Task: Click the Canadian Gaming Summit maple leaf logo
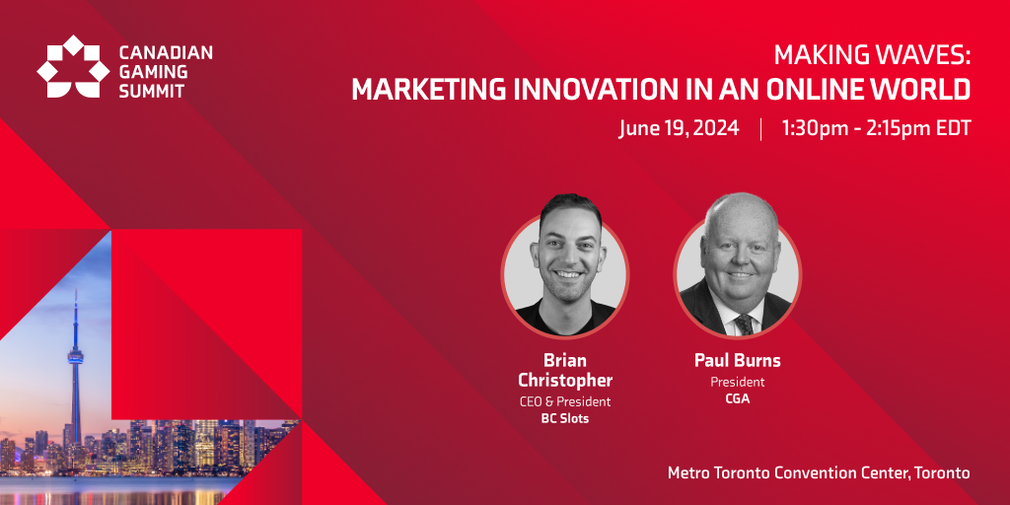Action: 73,66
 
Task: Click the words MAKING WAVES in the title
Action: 872,56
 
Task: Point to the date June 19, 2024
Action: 679,129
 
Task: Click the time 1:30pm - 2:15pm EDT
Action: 876,129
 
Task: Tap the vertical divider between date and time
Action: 760,129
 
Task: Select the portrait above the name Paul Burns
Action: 738,265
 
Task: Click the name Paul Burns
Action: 738,361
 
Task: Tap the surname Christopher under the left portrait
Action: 565,380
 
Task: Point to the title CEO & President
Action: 565,402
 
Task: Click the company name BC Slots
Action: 565,418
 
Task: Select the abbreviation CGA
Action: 738,398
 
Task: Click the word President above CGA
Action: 738,382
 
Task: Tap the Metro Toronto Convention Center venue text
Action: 819,472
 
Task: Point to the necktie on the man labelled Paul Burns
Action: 744,324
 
